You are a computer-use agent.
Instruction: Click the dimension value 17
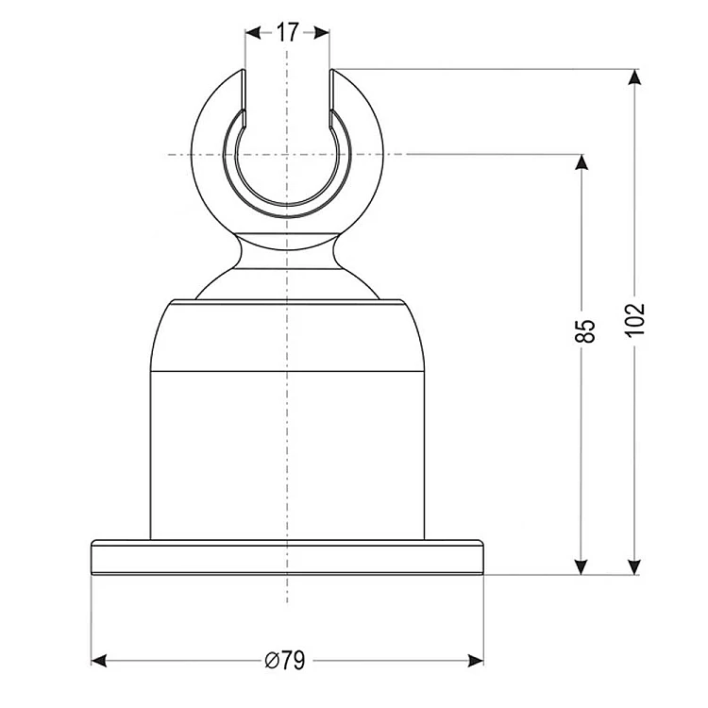pyautogui.click(x=287, y=32)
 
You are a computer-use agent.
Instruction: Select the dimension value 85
pyautogui.click(x=585, y=331)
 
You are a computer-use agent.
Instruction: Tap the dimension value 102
pyautogui.click(x=635, y=320)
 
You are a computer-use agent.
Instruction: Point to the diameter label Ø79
pyautogui.click(x=285, y=661)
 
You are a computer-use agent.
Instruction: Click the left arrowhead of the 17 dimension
pyautogui.click(x=253, y=32)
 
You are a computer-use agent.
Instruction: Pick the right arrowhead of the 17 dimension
pyautogui.click(x=322, y=32)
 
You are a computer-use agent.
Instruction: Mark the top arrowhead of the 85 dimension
pyautogui.click(x=582, y=161)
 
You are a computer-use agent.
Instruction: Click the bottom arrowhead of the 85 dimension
pyautogui.click(x=582, y=567)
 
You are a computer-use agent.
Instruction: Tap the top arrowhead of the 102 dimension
pyautogui.click(x=635, y=76)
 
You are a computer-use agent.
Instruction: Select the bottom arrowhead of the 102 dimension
pyautogui.click(x=635, y=567)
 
